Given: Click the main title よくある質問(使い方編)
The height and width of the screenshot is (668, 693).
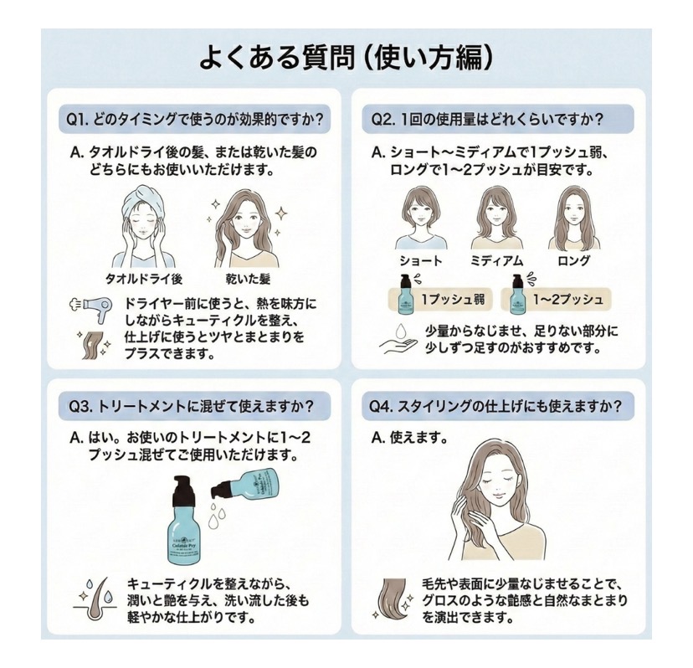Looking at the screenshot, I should (346, 58).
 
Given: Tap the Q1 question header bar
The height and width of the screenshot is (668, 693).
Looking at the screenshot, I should (195, 118).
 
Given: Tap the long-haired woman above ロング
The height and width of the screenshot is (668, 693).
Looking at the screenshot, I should (573, 217).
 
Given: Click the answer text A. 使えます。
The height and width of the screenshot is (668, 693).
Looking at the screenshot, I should (409, 438).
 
